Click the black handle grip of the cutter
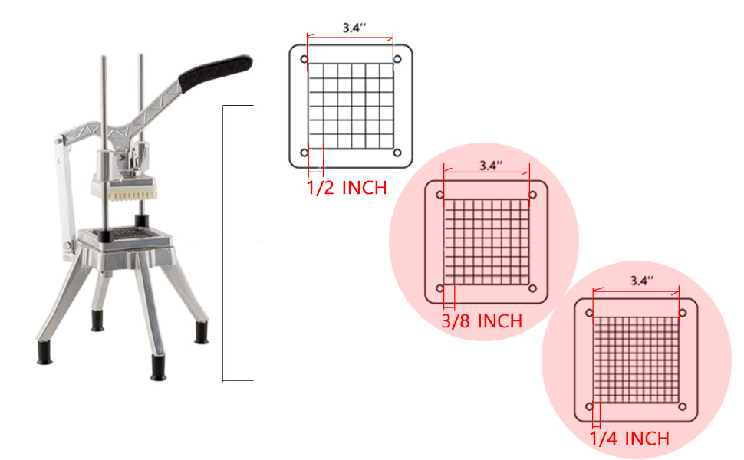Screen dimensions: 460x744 [216, 68]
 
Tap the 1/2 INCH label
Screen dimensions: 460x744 [346, 187]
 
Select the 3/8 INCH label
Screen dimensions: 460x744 [482, 320]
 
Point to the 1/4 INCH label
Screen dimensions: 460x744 [630, 439]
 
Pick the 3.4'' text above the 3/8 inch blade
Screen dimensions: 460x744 [490, 165]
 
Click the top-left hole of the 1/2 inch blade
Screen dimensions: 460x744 [304, 60]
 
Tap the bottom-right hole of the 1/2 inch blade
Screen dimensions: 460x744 [397, 153]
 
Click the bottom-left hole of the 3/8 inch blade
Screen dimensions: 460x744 [440, 288]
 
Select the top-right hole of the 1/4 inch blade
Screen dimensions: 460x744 [682, 313]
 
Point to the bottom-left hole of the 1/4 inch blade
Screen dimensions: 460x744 [590, 406]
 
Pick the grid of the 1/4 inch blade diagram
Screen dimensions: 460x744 [636, 360]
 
